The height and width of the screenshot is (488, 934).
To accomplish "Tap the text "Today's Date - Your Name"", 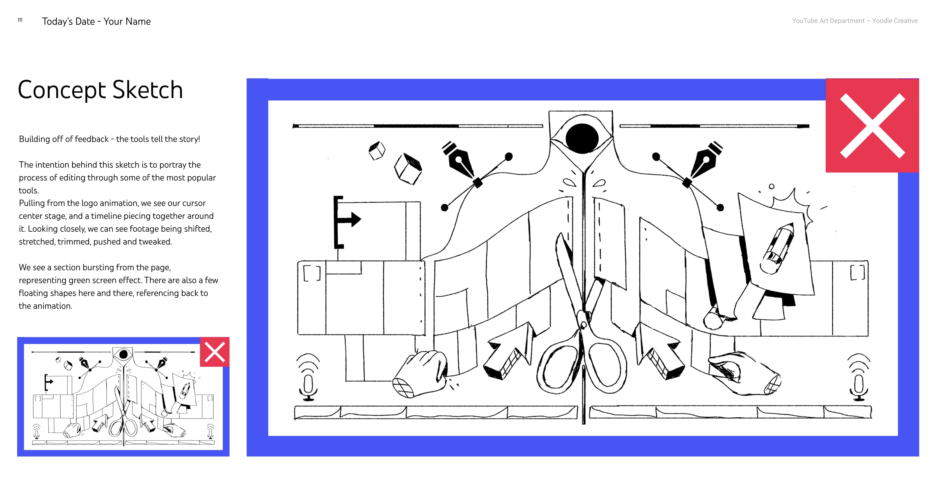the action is tap(96, 21).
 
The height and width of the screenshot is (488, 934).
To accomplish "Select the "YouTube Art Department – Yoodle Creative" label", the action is tap(855, 21).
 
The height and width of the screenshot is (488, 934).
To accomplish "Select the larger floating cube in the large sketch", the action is tap(408, 169).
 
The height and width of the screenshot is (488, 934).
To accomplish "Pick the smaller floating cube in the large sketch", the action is tap(377, 150).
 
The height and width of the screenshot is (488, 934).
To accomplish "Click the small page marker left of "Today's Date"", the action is tap(20, 20).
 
